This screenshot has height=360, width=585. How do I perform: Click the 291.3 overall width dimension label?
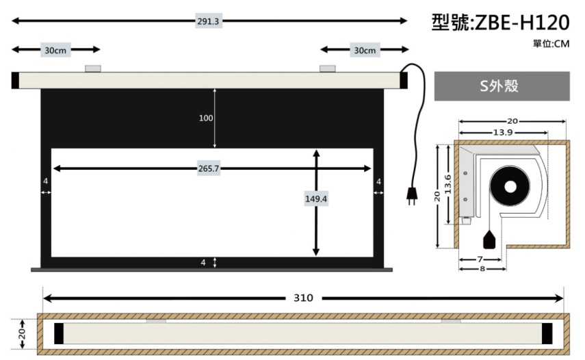208,21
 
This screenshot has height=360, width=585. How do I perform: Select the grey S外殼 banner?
502,86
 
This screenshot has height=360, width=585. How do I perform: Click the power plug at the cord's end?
412,195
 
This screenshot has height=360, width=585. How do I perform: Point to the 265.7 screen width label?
209,168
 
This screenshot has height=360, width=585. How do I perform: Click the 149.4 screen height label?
316,199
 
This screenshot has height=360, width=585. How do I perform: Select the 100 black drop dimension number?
206,118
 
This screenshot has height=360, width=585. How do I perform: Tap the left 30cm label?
55,50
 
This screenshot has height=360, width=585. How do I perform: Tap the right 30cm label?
365,50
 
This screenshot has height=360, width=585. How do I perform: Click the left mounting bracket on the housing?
93,68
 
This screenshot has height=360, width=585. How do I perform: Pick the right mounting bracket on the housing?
328,68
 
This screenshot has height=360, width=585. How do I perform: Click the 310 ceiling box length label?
303,298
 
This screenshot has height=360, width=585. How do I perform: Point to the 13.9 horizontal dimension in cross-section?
503,133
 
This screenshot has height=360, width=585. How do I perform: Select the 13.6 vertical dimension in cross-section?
448,184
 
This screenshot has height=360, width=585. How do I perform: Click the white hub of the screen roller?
510,187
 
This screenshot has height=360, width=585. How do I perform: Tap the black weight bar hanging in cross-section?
490,240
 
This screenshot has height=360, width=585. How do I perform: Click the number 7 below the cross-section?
480,259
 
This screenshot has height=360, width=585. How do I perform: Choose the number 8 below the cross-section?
482,268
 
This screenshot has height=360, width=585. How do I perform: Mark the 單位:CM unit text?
551,44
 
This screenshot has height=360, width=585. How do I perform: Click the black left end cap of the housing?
15,80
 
